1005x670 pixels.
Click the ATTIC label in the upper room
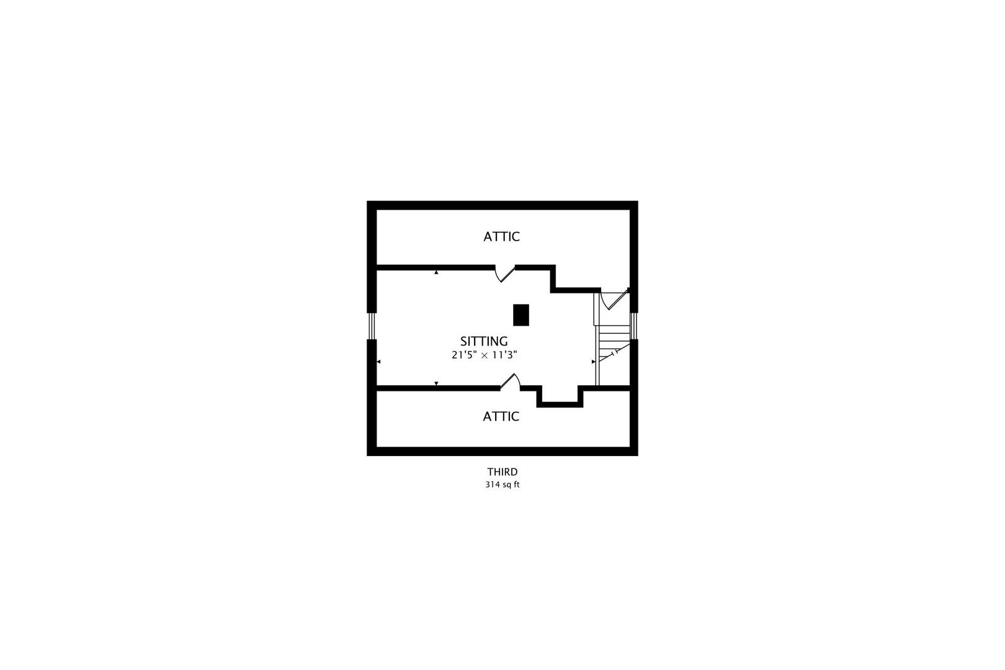pyautogui.click(x=501, y=236)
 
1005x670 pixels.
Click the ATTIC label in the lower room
pyautogui.click(x=501, y=416)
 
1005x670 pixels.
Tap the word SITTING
pyautogui.click(x=484, y=341)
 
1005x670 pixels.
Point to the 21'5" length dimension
pyautogui.click(x=465, y=355)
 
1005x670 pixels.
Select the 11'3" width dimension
pyautogui.click(x=504, y=355)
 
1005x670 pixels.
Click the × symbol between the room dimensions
pyautogui.click(x=485, y=356)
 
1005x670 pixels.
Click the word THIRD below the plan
pyautogui.click(x=502, y=471)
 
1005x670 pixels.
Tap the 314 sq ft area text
pyautogui.click(x=502, y=485)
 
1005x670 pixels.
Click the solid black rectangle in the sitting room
pyautogui.click(x=521, y=315)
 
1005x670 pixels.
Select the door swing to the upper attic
pyautogui.click(x=505, y=274)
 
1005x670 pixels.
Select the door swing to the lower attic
pyautogui.click(x=510, y=382)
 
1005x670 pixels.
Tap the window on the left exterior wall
pyautogui.click(x=372, y=326)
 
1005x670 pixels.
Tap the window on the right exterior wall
pyautogui.click(x=633, y=326)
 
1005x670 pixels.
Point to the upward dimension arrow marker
pyautogui.click(x=436, y=272)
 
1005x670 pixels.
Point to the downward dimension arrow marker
pyautogui.click(x=436, y=383)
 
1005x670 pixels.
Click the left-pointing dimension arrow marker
pyautogui.click(x=378, y=362)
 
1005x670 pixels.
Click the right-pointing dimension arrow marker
pyautogui.click(x=594, y=362)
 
